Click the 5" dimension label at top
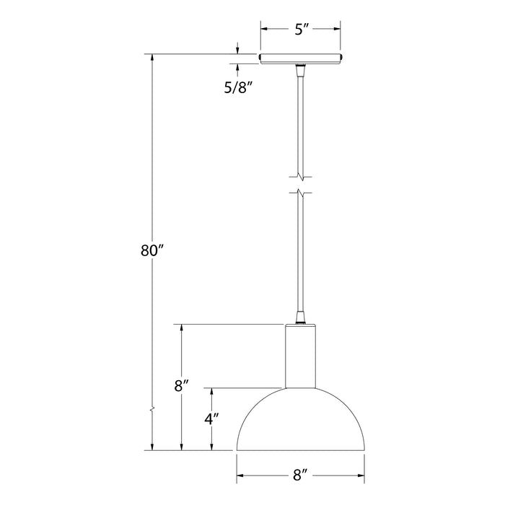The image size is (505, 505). pyautogui.click(x=301, y=30)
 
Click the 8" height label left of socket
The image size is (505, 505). pyautogui.click(x=181, y=385)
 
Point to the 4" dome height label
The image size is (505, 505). pyautogui.click(x=211, y=418)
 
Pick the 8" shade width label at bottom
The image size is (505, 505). pyautogui.click(x=301, y=475)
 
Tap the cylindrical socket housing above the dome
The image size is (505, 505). pyautogui.click(x=300, y=356)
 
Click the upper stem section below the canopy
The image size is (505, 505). pyautogui.click(x=300, y=123)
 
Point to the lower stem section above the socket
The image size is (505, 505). pyautogui.click(x=300, y=252)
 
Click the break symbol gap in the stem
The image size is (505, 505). pyautogui.click(x=300, y=185)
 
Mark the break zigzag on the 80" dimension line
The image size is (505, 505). pyautogui.click(x=152, y=410)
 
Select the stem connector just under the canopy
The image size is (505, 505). pyautogui.click(x=300, y=70)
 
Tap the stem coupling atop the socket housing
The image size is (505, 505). pyautogui.click(x=300, y=318)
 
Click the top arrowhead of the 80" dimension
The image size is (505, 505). pyautogui.click(x=152, y=58)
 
